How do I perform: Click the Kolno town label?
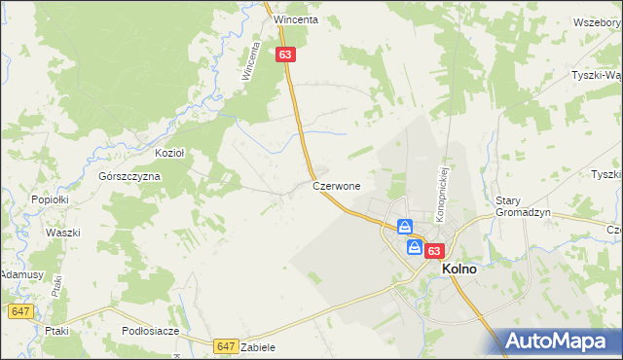pyautogui.click(x=459, y=270)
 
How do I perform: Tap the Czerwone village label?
pyautogui.click(x=337, y=185)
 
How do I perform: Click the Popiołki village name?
pyautogui.click(x=48, y=198)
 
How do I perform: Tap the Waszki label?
pyautogui.click(x=61, y=234)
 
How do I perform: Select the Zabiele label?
pyautogui.click(x=259, y=347)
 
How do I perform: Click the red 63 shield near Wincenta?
pyautogui.click(x=284, y=55)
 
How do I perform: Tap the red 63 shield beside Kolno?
pyautogui.click(x=434, y=249)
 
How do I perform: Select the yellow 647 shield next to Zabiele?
pyautogui.click(x=226, y=345)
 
